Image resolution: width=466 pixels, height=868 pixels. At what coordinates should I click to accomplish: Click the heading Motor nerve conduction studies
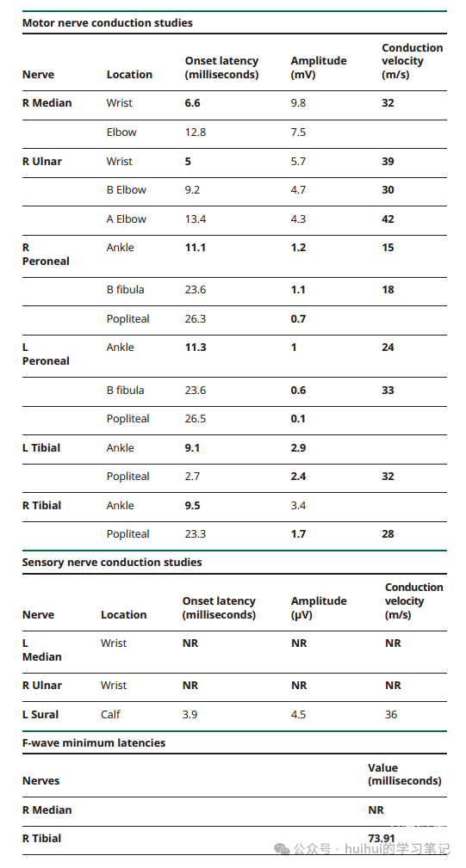pos(108,22)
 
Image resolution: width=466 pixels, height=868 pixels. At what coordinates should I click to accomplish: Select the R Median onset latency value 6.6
pos(192,103)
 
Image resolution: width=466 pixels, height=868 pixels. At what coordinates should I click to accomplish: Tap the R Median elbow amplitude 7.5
pos(298,132)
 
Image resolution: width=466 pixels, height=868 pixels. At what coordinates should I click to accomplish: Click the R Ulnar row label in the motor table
pos(42,162)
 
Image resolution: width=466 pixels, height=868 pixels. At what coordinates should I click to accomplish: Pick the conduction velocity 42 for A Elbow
pos(388,219)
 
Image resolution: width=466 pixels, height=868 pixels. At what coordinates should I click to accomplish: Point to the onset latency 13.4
pos(195,219)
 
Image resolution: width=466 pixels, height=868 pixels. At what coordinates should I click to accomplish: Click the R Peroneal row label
pos(46,254)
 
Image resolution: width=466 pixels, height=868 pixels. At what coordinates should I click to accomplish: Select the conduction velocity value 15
pos(388,248)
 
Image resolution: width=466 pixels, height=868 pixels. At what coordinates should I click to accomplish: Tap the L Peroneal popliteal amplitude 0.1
pos(298,419)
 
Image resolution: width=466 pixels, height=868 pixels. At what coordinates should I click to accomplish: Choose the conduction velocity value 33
pos(388,391)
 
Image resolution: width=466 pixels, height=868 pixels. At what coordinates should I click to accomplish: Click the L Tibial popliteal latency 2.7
pos(192,477)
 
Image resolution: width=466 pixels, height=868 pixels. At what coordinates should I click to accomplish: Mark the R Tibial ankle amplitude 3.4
pos(298,506)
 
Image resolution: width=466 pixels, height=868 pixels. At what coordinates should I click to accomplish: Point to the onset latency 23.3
pos(195,534)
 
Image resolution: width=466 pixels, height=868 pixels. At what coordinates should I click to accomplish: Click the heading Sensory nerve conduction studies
pos(112,563)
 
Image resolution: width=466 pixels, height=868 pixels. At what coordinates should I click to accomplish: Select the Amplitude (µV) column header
pos(319,608)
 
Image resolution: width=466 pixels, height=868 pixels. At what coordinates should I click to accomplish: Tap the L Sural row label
pos(40,715)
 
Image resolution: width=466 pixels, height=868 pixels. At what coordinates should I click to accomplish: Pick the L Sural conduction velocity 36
pos(391,715)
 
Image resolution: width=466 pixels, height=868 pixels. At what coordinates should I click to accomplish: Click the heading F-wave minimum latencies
pos(94,743)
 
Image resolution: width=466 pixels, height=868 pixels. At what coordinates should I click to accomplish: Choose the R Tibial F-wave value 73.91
pos(382,839)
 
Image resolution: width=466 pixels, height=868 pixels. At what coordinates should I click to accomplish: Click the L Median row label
pos(42,649)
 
